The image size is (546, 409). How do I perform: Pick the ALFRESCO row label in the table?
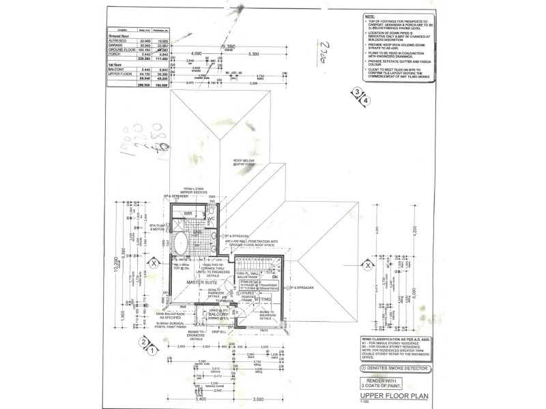coord(119,41)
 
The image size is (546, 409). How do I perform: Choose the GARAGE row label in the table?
coord(117,46)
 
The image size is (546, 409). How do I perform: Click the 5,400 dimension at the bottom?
coord(182,398)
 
